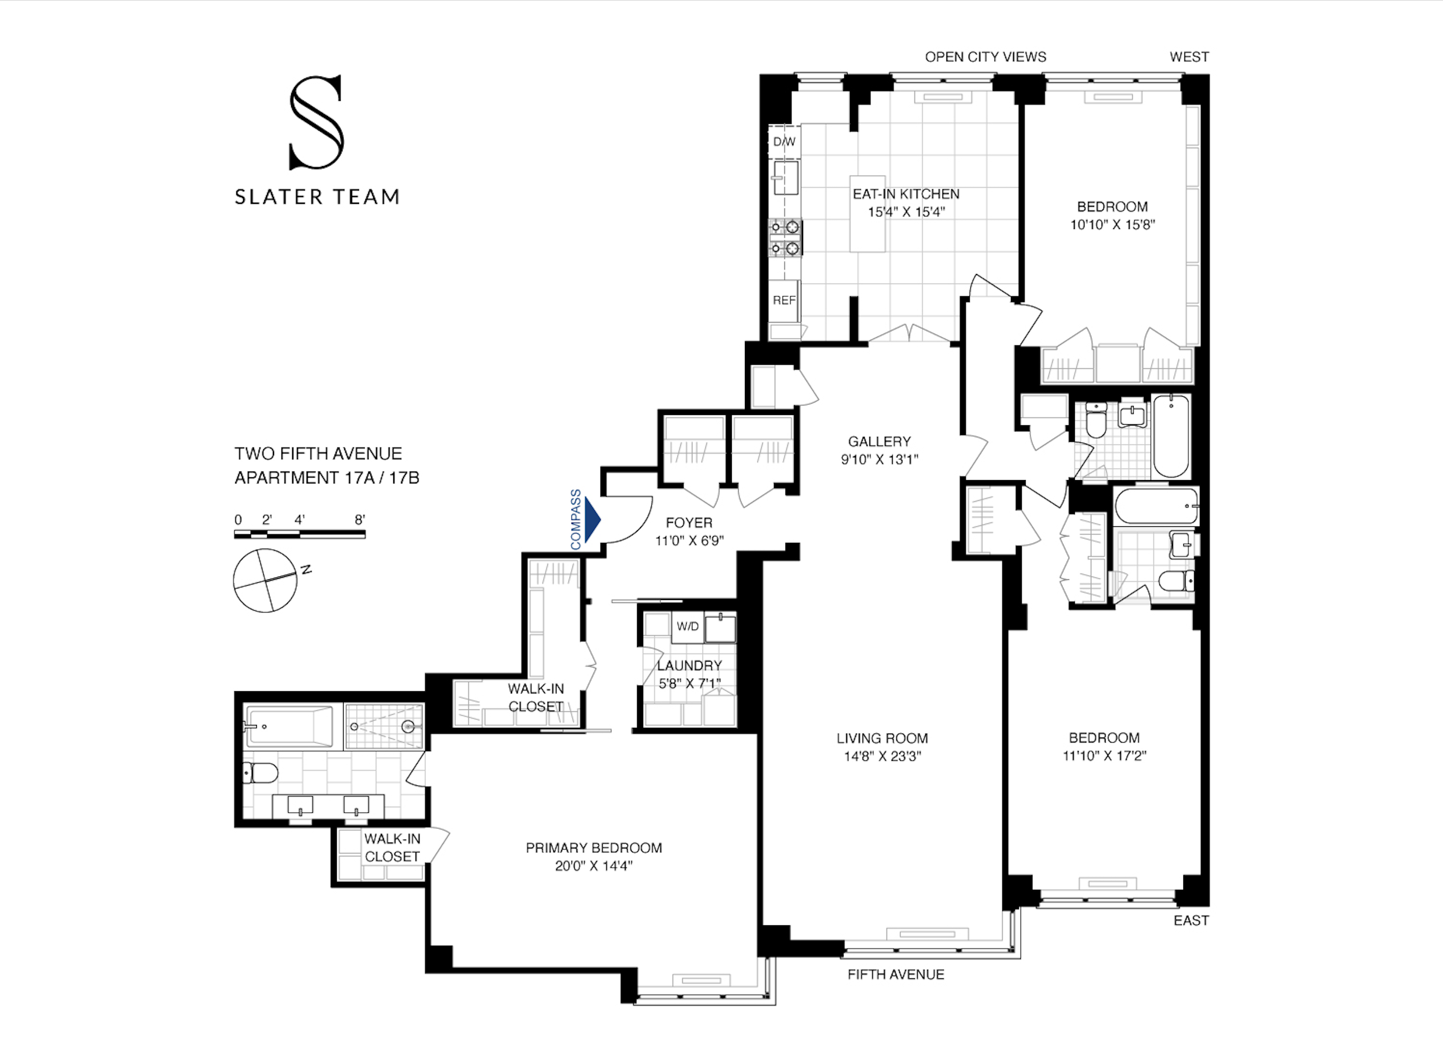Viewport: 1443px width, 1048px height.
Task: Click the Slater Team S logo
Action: tap(316, 122)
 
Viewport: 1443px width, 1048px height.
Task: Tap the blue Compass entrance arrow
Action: tap(592, 519)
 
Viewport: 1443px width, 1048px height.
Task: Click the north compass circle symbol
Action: tap(265, 581)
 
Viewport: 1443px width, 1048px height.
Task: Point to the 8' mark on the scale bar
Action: tap(360, 520)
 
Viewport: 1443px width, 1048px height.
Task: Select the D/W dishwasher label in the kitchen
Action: tap(784, 142)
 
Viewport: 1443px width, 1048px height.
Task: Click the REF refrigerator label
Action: tap(784, 300)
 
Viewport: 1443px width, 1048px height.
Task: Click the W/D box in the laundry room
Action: tap(687, 626)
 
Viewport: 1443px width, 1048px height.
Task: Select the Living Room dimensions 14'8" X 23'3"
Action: tap(882, 756)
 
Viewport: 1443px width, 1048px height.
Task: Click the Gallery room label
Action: tap(879, 442)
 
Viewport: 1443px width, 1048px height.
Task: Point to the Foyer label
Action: tap(688, 523)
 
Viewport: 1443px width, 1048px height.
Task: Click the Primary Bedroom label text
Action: tap(594, 848)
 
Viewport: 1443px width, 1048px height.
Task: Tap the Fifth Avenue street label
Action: tap(895, 974)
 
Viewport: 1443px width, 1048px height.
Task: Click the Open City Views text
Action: tap(985, 57)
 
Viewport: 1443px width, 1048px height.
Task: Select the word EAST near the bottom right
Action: tap(1190, 920)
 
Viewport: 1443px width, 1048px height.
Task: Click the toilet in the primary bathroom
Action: tap(261, 773)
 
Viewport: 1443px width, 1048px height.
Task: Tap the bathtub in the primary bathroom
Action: tap(289, 726)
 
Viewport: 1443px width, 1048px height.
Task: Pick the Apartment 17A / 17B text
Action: tap(327, 478)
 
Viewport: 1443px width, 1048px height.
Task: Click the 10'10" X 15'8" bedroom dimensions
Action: tap(1111, 225)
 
